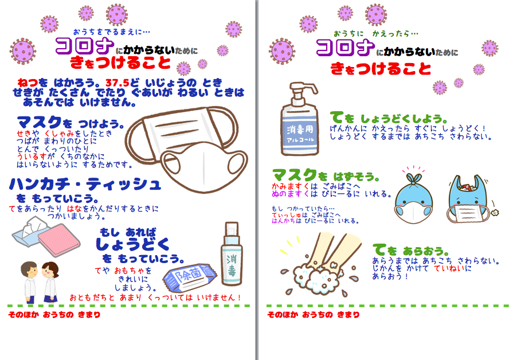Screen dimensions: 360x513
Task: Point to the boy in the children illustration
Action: pyautogui.click(x=29, y=281)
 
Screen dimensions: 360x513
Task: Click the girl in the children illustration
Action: pyautogui.click(x=50, y=281)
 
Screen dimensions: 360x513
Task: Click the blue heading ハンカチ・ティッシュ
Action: pyautogui.click(x=85, y=184)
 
